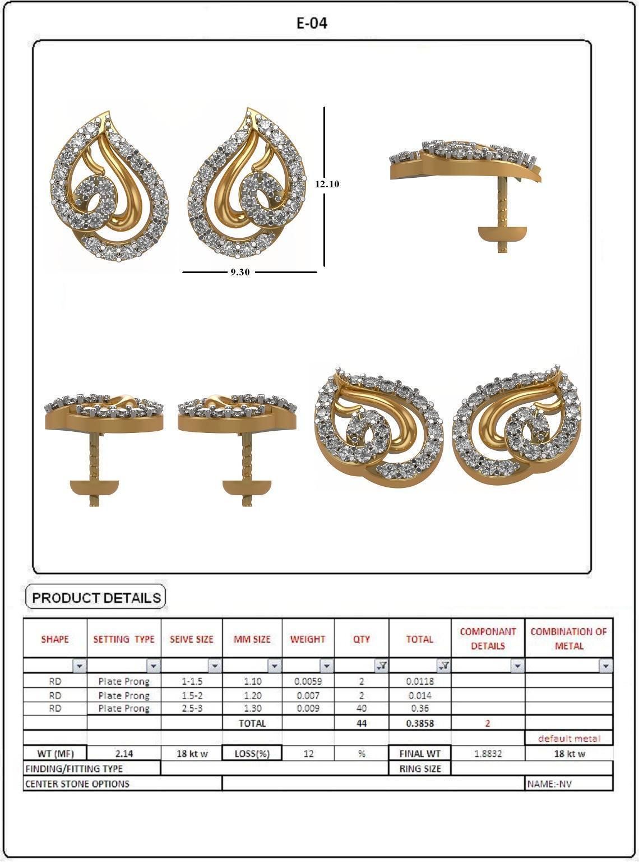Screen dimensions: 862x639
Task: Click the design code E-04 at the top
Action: [x=312, y=23]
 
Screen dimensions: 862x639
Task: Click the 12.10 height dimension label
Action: [x=327, y=184]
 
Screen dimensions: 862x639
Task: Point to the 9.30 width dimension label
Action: [x=240, y=272]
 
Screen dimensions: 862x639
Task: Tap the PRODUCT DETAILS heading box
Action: [x=96, y=598]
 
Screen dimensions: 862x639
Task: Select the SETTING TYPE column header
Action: [x=124, y=639]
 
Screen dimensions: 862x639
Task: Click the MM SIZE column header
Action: [x=252, y=639]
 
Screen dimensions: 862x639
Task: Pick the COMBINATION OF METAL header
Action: [x=568, y=639]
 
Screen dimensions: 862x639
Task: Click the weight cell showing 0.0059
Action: [x=308, y=681]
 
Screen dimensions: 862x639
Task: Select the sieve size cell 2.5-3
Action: [x=192, y=708]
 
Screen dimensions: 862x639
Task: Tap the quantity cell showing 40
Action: [x=362, y=708]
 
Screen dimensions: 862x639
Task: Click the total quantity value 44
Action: [x=362, y=723]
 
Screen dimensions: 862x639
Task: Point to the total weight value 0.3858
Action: [x=420, y=723]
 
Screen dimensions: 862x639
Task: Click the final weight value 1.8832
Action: [x=488, y=754]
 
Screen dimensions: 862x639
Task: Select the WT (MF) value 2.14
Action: [x=124, y=754]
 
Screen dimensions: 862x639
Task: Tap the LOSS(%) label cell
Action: [x=252, y=754]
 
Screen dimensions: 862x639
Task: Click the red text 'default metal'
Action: [x=568, y=739]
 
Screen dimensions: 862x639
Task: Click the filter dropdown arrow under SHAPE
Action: [x=80, y=666]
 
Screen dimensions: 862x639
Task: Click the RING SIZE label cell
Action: [x=420, y=769]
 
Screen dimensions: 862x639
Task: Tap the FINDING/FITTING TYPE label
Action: [x=74, y=769]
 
